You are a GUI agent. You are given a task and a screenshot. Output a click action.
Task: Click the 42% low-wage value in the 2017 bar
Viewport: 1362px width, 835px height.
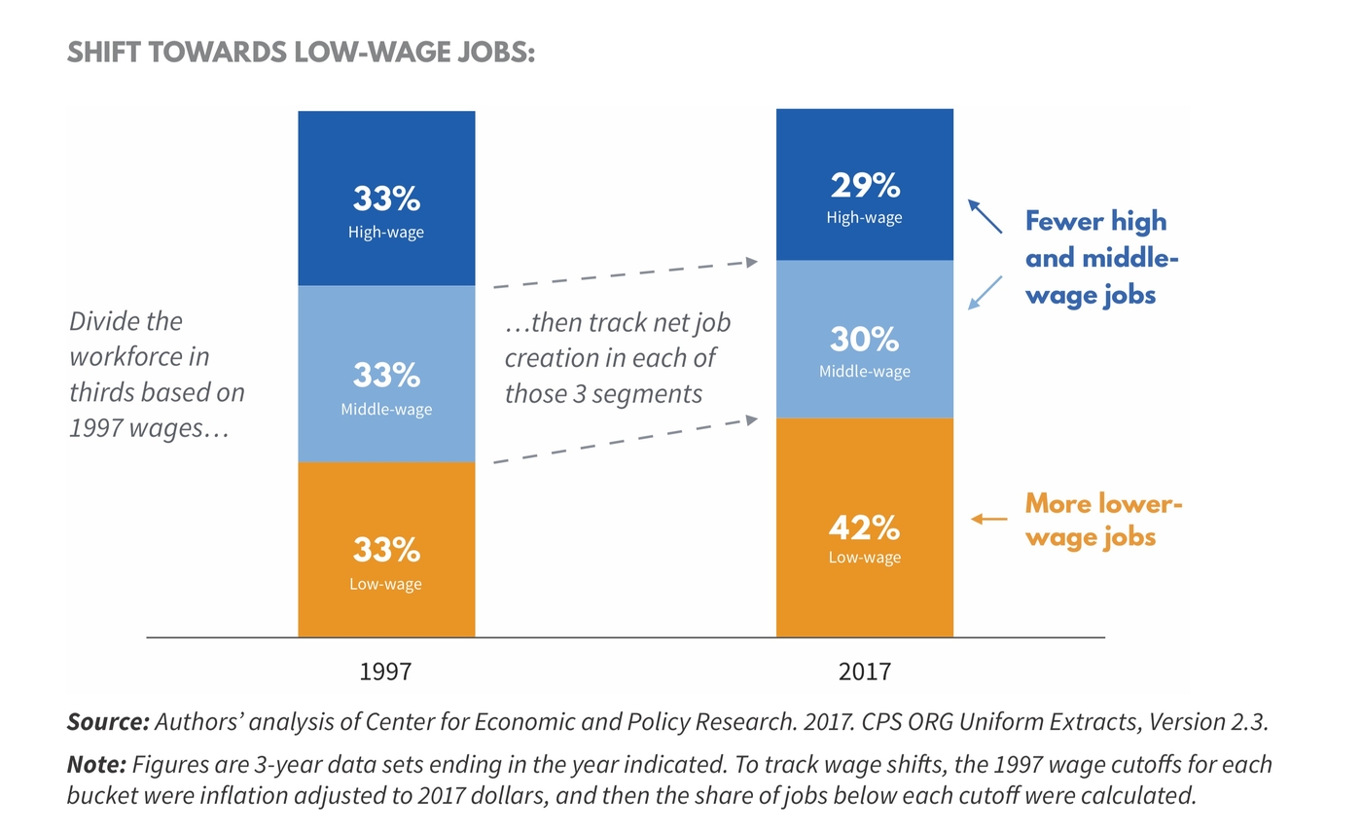pos(864,528)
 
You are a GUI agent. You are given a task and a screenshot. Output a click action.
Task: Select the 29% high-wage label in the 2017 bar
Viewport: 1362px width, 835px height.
pos(864,185)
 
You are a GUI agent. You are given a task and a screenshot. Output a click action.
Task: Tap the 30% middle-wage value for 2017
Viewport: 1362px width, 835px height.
pos(864,340)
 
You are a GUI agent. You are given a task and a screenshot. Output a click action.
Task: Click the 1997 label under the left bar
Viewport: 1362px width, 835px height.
pos(385,671)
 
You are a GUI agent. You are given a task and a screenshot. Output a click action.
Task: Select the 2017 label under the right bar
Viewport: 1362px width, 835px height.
pos(864,671)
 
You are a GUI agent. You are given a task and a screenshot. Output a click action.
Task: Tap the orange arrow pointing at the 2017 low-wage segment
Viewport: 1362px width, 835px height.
pos(989,519)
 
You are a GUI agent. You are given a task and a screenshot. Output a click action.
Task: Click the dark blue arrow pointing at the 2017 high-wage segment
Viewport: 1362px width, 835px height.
pos(985,216)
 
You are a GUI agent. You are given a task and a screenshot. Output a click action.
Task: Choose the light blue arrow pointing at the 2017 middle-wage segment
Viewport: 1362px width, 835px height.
pos(985,293)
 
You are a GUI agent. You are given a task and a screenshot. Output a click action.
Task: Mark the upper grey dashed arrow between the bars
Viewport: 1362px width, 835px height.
pos(625,273)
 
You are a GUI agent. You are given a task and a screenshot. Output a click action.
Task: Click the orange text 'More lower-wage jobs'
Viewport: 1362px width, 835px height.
pos(1103,520)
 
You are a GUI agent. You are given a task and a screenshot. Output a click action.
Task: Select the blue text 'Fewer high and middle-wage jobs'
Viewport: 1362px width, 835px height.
pos(1101,258)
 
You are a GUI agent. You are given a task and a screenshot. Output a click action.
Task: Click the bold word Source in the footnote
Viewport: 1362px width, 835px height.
pos(107,722)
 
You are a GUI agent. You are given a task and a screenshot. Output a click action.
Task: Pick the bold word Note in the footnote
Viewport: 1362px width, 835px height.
pos(95,765)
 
